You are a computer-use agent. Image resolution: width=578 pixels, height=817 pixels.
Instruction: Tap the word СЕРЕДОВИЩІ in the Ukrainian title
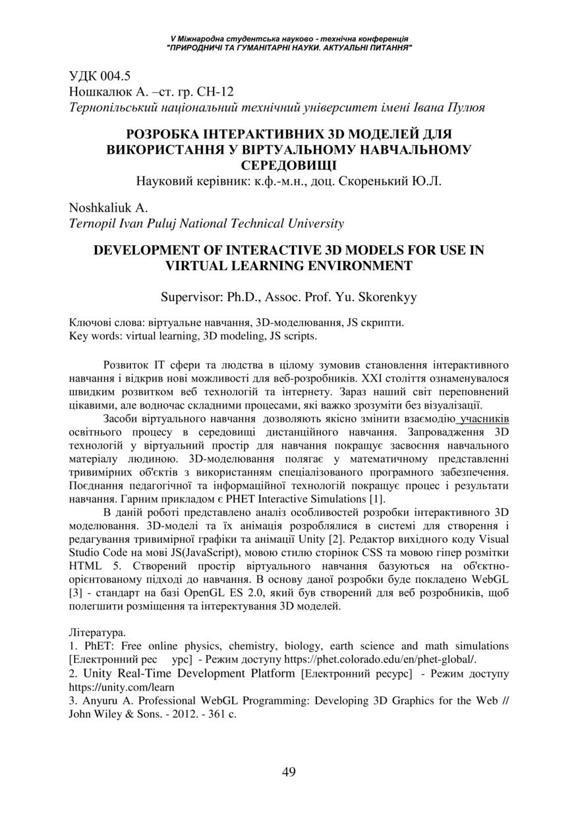(289, 164)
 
